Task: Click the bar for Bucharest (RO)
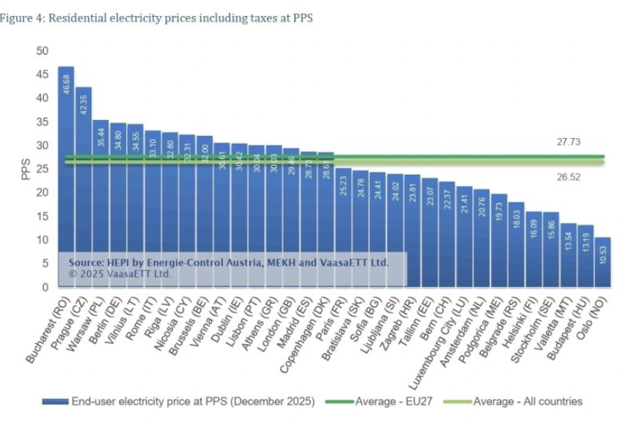(66, 175)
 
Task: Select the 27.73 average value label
(567, 142)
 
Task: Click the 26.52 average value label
(567, 177)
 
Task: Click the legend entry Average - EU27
(387, 401)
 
